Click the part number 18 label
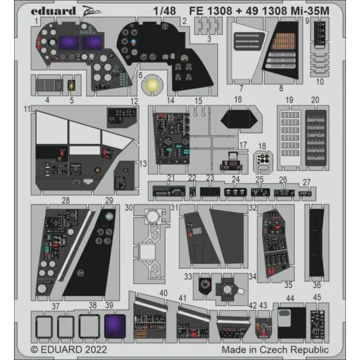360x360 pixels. coord(262,145)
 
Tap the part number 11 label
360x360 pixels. coord(27,108)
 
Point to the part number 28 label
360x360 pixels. coord(65,200)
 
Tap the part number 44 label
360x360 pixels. coord(289,299)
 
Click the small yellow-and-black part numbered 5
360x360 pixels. coord(71,85)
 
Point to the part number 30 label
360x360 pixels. coord(129,207)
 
